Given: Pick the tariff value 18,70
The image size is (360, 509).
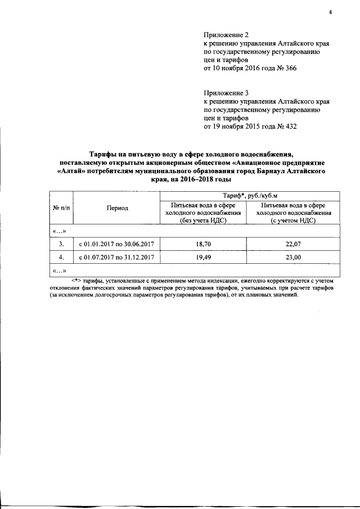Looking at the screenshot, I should (x=202, y=244).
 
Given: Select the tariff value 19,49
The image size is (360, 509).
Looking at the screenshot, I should (x=202, y=257).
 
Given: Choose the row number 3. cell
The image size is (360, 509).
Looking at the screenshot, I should (x=61, y=244).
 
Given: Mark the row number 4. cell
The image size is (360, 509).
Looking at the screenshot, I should (x=61, y=257).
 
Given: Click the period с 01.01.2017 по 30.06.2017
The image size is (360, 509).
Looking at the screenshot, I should (x=116, y=244).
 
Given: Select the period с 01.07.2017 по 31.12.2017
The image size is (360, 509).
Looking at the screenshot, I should (x=116, y=257).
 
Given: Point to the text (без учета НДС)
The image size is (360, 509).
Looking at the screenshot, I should (x=202, y=220).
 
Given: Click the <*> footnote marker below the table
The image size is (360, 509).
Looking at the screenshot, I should (x=76, y=280).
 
